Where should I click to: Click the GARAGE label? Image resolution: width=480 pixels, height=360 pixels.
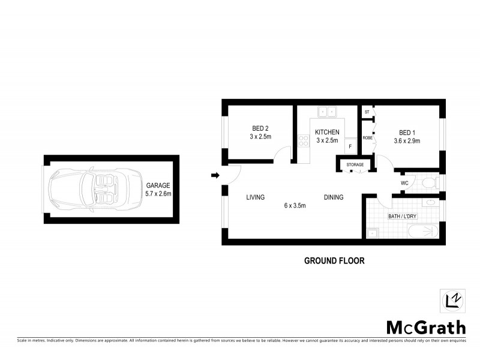[x=158, y=186]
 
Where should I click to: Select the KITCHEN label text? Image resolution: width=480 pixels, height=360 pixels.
[x=328, y=133]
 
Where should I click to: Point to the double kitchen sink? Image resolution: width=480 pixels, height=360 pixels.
[x=327, y=112]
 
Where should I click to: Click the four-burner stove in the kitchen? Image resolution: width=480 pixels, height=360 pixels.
[x=303, y=143]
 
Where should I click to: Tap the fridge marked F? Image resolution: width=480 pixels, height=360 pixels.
[x=350, y=146]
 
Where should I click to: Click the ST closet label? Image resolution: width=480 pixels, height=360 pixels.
[x=367, y=112]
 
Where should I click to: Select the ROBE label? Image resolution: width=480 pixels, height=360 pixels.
[x=367, y=137]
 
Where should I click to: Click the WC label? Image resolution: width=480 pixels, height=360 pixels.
[x=404, y=183]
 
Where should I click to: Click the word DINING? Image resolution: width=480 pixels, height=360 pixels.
[x=334, y=197]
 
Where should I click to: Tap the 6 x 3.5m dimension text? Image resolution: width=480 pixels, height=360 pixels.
[x=295, y=206]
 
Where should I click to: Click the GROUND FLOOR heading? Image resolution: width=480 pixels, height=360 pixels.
[x=334, y=260]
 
